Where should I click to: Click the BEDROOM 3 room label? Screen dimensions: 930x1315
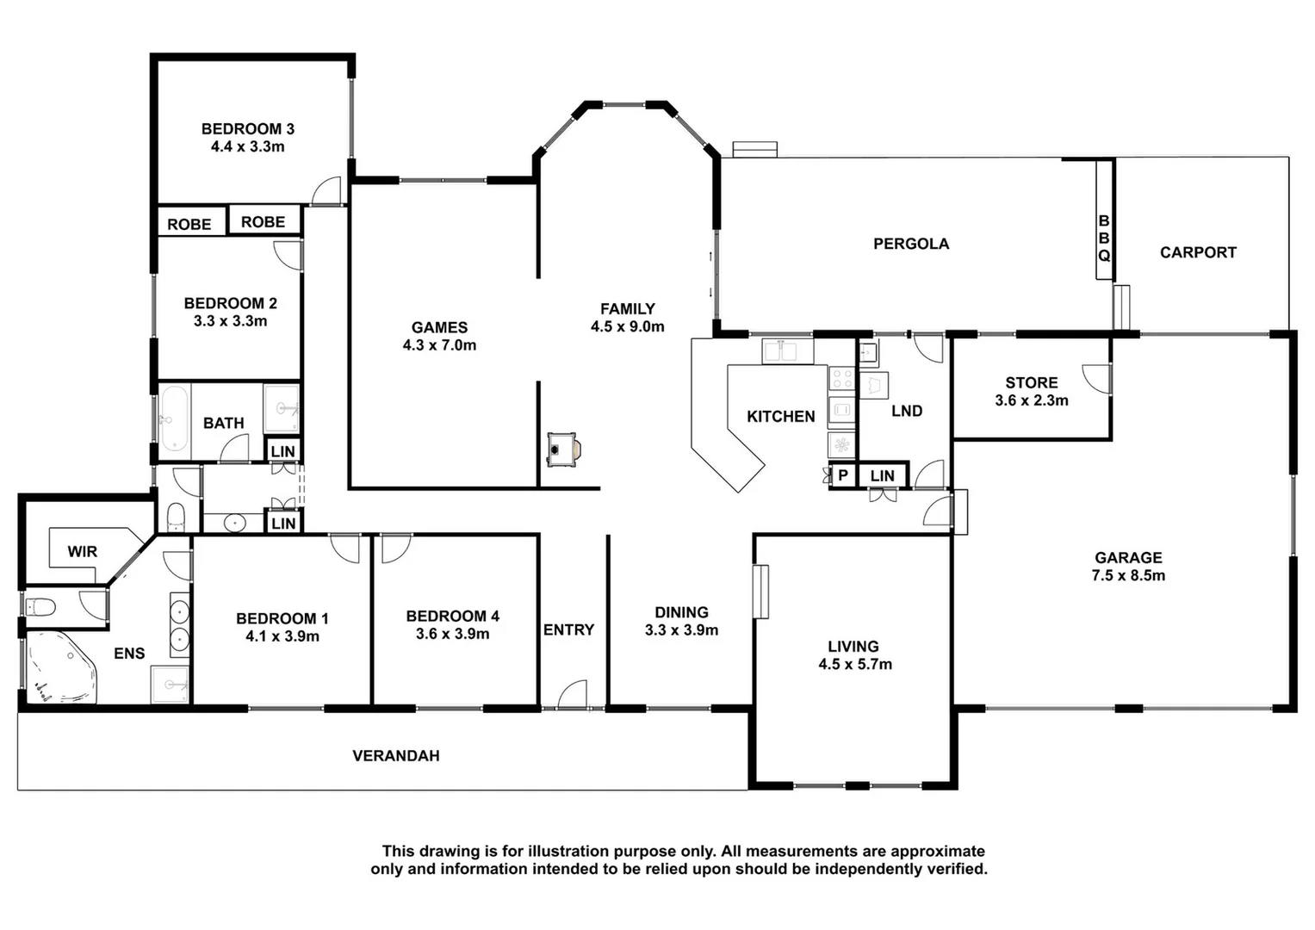click(x=248, y=129)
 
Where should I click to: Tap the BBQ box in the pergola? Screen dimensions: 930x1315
click(x=1103, y=239)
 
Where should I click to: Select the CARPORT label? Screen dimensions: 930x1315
click(x=1197, y=252)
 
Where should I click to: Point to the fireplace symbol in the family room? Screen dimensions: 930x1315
click(x=563, y=449)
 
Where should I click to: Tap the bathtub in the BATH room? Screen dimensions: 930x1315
click(x=174, y=419)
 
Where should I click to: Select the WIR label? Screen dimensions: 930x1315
click(x=83, y=551)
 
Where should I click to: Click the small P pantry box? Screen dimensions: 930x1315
click(x=842, y=475)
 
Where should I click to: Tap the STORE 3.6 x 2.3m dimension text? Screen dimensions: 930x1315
click(x=1031, y=400)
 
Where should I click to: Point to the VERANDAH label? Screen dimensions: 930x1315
click(x=395, y=756)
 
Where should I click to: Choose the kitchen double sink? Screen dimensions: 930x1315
click(x=788, y=351)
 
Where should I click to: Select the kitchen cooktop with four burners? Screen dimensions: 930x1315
click(x=841, y=378)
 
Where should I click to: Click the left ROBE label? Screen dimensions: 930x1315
click(x=189, y=224)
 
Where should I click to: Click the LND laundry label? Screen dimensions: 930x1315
click(x=906, y=411)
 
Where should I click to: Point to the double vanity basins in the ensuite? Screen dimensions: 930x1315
click(x=179, y=625)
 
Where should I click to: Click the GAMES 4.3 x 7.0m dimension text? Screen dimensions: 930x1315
click(x=439, y=345)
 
